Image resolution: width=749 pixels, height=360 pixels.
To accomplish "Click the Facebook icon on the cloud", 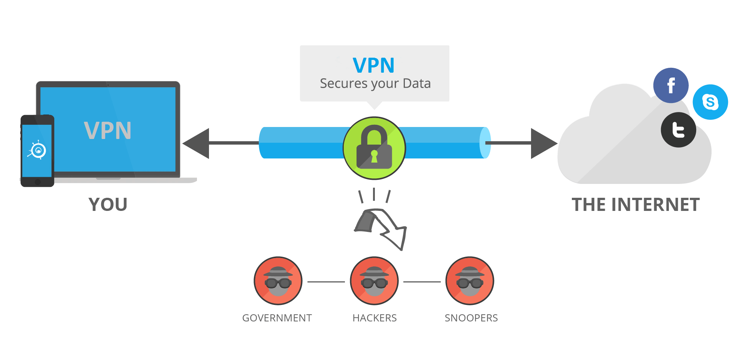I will click(x=671, y=85).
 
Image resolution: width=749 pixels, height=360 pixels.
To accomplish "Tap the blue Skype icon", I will click(x=710, y=102).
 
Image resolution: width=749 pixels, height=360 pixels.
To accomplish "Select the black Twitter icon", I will click(x=678, y=130).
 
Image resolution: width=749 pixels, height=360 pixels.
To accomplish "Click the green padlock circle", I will click(x=374, y=148).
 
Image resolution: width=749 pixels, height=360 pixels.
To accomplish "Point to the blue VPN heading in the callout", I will click(x=373, y=65).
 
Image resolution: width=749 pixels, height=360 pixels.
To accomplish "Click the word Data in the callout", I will click(x=416, y=83).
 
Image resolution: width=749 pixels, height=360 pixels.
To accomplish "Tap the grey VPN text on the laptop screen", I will click(x=108, y=130).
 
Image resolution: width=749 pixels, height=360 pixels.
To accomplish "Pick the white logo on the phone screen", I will click(x=37, y=150).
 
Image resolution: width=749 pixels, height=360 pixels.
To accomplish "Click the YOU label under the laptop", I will click(x=108, y=205).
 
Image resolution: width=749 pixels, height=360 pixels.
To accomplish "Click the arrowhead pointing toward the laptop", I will click(x=196, y=143).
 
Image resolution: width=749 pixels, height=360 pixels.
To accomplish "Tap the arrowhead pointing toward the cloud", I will click(x=543, y=143).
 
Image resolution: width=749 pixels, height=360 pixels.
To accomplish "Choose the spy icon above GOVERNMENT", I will click(x=278, y=281).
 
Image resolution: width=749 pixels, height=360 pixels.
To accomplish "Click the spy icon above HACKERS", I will click(x=374, y=281).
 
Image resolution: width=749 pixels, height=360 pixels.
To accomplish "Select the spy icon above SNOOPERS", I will click(x=470, y=281).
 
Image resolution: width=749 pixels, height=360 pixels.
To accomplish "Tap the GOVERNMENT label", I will click(x=277, y=318).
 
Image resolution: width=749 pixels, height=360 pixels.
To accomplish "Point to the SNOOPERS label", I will click(x=471, y=318).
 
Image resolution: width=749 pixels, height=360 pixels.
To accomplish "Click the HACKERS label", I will click(x=374, y=318).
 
